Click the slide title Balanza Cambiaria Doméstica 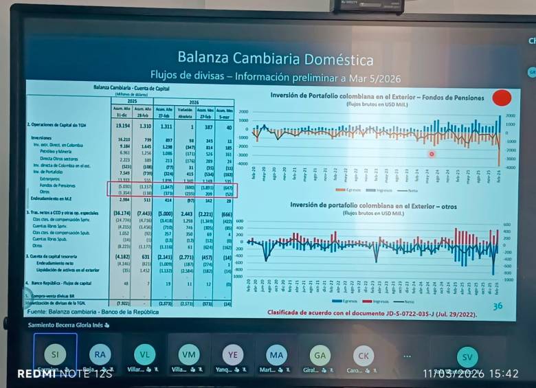coord(275,58)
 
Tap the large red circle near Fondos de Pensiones coord(502,98)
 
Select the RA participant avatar coord(100,354)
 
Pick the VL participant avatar coord(144,354)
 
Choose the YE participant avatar coord(233,354)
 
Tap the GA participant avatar coord(320,354)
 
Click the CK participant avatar coord(364,355)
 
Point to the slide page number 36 coord(498,306)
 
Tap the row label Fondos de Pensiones coord(58,185)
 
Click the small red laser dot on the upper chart coord(432,155)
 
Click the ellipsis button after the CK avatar coord(407,356)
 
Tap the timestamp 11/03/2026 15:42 coord(471,374)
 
